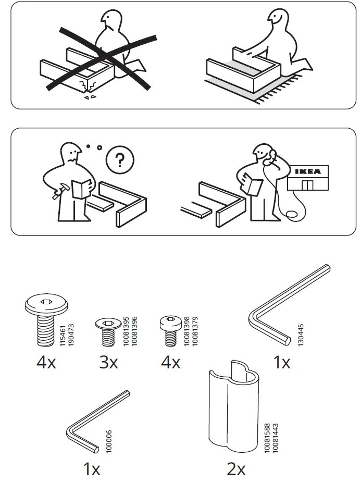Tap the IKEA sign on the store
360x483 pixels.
click(x=308, y=171)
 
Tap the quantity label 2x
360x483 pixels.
click(x=236, y=469)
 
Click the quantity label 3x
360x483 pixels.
click(x=108, y=362)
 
